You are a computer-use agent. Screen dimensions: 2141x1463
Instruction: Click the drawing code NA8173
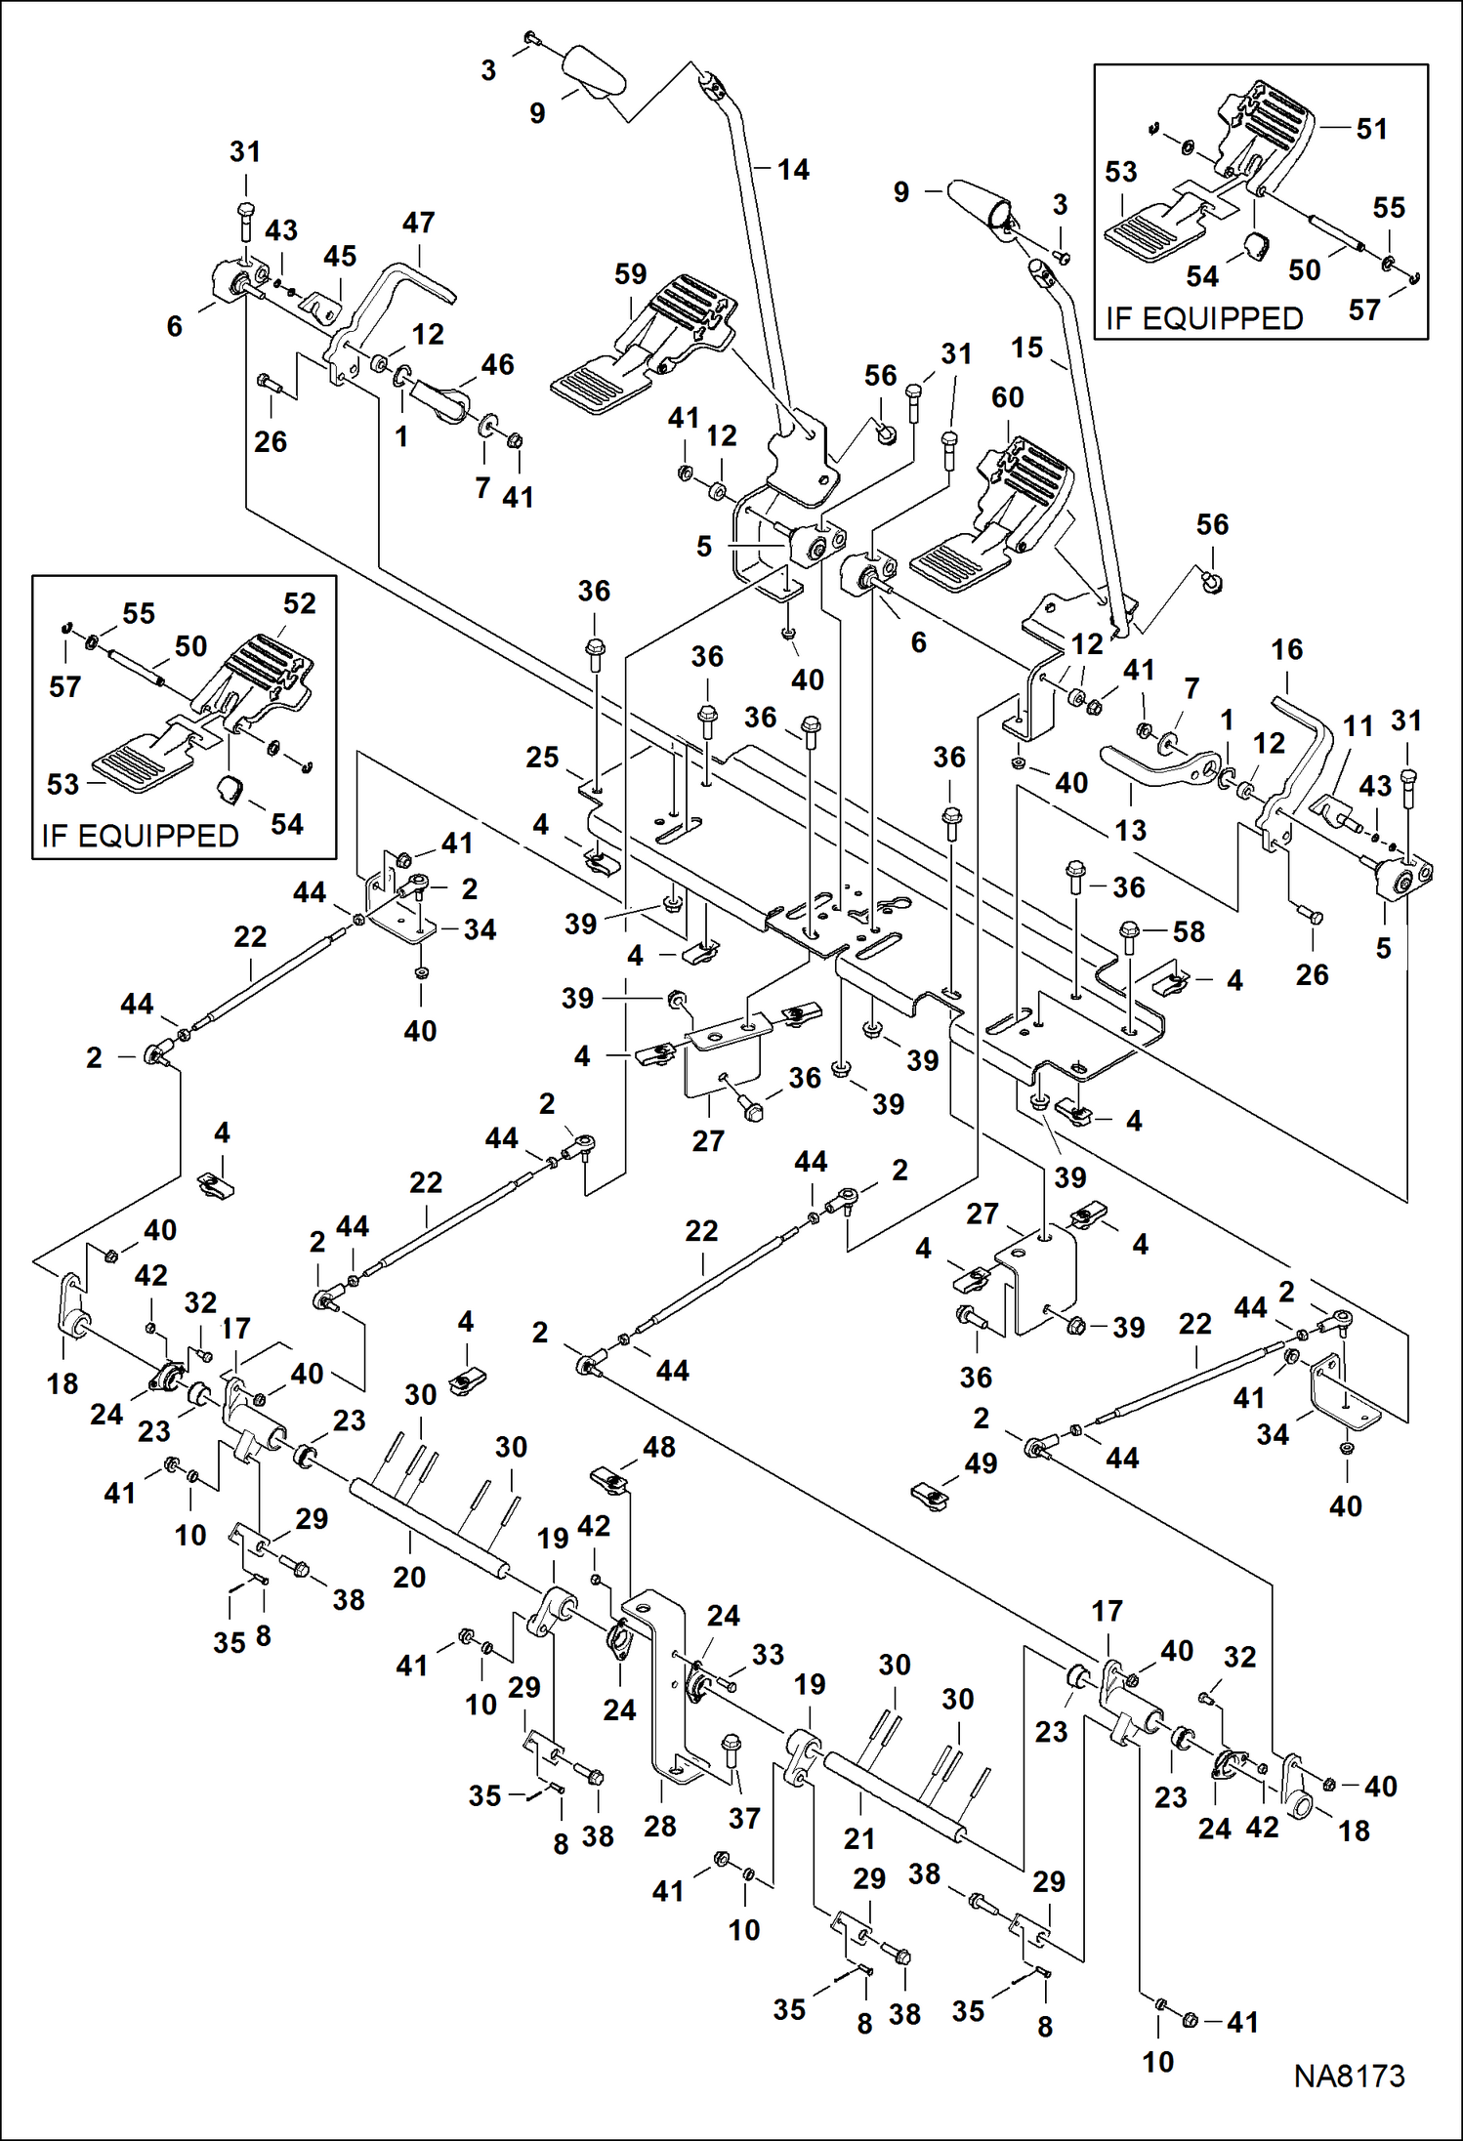point(1349,2075)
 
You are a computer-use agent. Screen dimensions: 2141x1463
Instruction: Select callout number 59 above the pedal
point(630,274)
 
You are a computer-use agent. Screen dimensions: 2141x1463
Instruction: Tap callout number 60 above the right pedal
point(1007,397)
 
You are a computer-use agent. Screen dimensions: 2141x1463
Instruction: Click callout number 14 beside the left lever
point(793,170)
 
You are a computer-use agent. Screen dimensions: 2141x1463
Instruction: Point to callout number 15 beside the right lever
point(1026,348)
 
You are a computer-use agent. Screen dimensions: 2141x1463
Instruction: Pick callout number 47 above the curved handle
point(418,223)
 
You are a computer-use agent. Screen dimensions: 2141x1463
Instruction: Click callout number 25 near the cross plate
point(542,757)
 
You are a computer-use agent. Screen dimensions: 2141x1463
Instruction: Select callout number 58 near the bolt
point(1189,931)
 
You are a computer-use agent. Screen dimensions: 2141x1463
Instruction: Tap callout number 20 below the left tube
point(409,1577)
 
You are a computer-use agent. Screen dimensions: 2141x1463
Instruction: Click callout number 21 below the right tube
point(859,1839)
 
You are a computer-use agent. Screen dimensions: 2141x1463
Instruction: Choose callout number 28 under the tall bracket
point(660,1826)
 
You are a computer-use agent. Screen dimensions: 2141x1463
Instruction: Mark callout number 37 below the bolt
point(744,1818)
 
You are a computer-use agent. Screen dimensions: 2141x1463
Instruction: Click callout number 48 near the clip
point(659,1447)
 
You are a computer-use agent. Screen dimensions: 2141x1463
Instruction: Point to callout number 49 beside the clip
point(981,1462)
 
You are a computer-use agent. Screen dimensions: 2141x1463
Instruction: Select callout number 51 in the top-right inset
point(1371,129)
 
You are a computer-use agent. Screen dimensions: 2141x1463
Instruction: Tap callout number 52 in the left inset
point(299,603)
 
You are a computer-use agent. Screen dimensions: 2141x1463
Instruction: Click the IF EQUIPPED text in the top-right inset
point(1204,318)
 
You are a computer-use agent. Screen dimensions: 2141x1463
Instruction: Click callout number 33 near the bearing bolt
point(768,1655)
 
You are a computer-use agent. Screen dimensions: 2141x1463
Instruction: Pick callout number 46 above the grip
point(497,364)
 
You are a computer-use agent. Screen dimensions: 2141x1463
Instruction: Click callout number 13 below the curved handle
point(1130,830)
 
